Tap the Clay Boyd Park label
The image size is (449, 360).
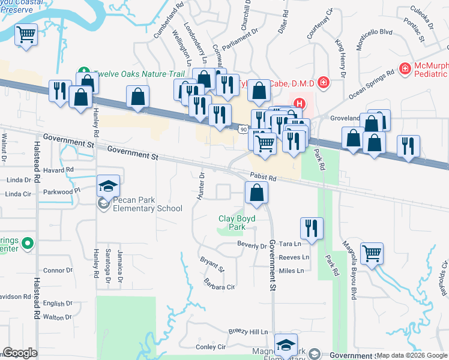point(237,223)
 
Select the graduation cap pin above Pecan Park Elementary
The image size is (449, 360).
point(109,185)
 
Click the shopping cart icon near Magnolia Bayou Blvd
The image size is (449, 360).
point(372,253)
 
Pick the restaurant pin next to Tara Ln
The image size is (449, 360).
point(312,227)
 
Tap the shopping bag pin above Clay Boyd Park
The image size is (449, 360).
point(256,193)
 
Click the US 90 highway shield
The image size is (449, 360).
point(243,130)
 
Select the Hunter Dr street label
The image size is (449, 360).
point(202,187)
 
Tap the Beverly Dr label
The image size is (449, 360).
point(252,245)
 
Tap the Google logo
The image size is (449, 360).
point(20,352)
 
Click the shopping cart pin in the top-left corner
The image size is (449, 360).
point(26,35)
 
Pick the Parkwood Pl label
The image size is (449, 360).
point(62,192)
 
